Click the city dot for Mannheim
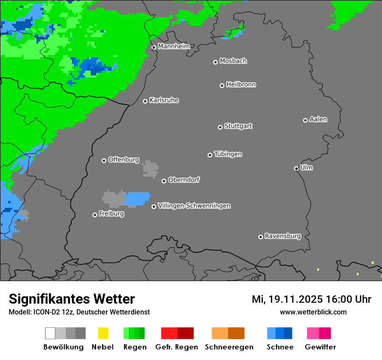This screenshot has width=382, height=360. click(x=154, y=48)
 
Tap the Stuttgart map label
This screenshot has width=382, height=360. click(x=238, y=126)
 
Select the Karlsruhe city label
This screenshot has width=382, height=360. click(x=164, y=100)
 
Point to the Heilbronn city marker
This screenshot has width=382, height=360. click(x=222, y=85)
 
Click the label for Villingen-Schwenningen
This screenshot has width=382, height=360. click(x=194, y=206)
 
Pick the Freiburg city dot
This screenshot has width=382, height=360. click(x=95, y=215)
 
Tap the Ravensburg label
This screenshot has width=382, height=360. click(x=283, y=236)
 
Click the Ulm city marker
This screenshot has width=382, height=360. click(x=296, y=168)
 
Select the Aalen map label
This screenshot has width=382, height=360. click(x=318, y=119)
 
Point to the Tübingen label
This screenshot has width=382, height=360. click(x=228, y=154)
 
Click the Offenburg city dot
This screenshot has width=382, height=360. click(x=104, y=160)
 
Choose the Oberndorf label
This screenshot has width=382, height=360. click(x=184, y=180)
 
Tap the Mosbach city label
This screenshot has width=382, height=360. click(x=233, y=61)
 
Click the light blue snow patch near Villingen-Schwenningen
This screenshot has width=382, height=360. click(x=137, y=198)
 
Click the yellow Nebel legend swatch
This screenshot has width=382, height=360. click(x=103, y=333)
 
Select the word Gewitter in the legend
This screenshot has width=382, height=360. click(x=320, y=347)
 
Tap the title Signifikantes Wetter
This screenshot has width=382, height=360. click(x=72, y=299)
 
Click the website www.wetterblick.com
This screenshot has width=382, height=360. click(x=313, y=312)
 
